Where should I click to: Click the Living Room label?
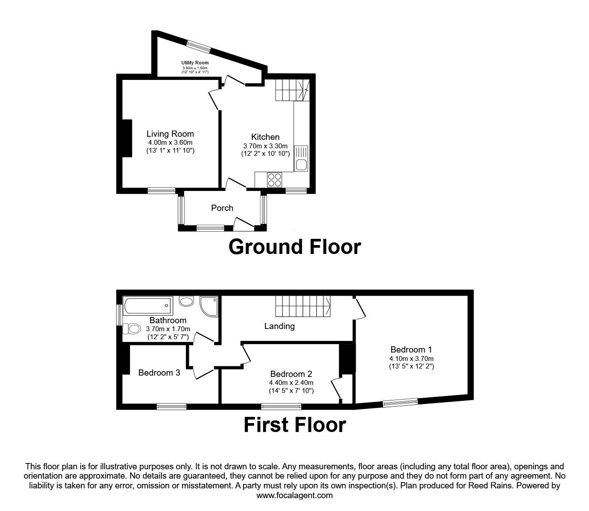[x=170, y=134]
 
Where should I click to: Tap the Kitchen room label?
[x=265, y=137]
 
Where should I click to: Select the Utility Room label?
[x=195, y=63]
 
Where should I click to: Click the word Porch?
[x=222, y=208]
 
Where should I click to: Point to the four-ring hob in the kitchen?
[x=275, y=180]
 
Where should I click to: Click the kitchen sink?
[x=301, y=158]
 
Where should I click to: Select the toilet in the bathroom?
[x=131, y=329]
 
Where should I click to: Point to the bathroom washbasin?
[x=186, y=302]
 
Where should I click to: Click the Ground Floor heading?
[x=294, y=246]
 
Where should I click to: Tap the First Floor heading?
[x=294, y=425]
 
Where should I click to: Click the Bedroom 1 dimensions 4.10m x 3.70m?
[x=411, y=358]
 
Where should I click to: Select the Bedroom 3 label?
[x=159, y=372]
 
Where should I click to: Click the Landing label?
[x=279, y=326]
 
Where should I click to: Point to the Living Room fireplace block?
[x=127, y=138]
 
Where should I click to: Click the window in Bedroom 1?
[x=400, y=402]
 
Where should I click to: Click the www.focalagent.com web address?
[x=294, y=495]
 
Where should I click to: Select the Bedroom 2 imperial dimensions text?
[x=291, y=391]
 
